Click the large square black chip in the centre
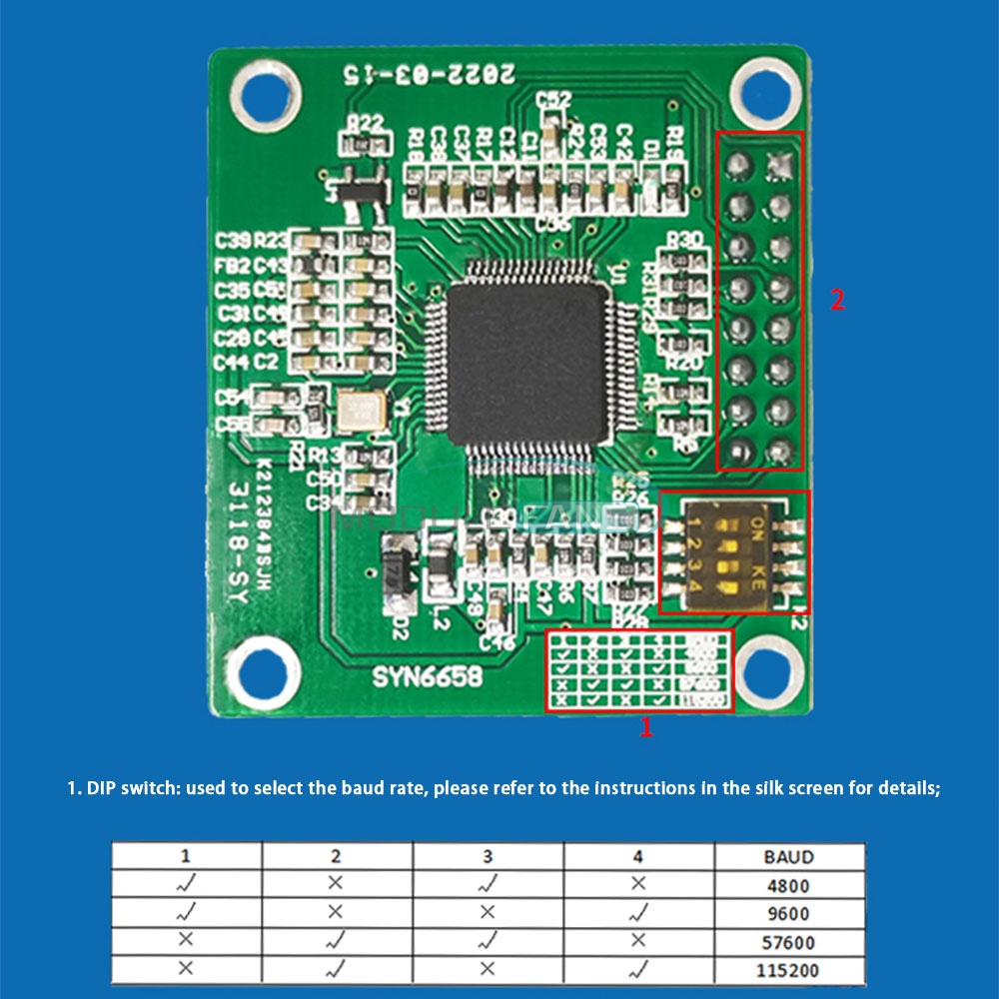(x=527, y=366)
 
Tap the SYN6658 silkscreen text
(x=428, y=677)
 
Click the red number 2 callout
(x=837, y=300)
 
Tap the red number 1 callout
(x=646, y=728)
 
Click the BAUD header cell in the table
(x=789, y=856)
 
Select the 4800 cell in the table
(x=789, y=885)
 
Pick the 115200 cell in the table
(x=789, y=969)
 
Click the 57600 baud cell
(x=789, y=941)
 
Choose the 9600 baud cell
(x=789, y=913)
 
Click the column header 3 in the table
(x=488, y=856)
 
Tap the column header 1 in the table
(x=186, y=856)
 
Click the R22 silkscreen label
(x=365, y=123)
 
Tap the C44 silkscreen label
(x=232, y=362)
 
